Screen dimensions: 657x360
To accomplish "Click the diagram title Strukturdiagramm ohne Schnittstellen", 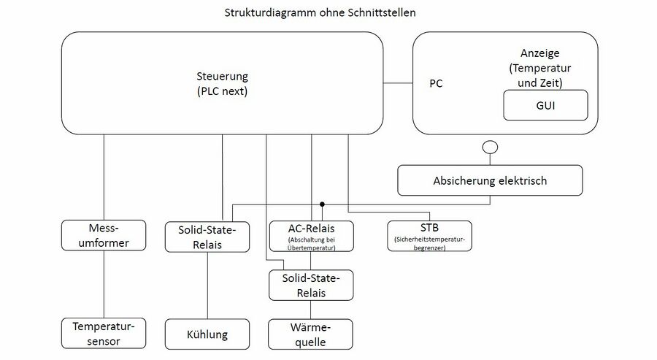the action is (320, 12).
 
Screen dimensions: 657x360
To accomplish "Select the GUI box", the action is (545, 105).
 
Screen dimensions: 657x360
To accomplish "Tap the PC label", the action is (436, 83).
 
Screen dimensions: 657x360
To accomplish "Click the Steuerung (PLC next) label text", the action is (222, 84).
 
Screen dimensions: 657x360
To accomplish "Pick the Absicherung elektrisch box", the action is (490, 180).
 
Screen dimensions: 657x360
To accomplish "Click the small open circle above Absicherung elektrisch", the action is (491, 147).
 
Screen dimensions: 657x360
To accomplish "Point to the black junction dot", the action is (322, 204).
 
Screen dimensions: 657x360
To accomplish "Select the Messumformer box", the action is (104, 236).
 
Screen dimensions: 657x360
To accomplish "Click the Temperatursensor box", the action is (104, 333).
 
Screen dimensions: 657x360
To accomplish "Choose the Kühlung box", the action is (207, 334).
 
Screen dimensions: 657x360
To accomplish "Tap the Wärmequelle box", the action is (310, 334).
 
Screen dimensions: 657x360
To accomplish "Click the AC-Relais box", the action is (311, 237).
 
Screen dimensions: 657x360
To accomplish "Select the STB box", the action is (429, 236).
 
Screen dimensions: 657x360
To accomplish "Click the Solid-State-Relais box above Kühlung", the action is (207, 237).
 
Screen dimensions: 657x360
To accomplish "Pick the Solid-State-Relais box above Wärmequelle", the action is (311, 286).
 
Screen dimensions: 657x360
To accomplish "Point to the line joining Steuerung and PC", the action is (398, 83).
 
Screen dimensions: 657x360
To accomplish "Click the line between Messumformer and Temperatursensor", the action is (104, 285).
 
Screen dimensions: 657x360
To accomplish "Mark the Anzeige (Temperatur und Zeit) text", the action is (540, 68).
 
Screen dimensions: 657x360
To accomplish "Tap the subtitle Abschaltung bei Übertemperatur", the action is (311, 244).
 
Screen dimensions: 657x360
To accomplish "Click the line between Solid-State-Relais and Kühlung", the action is (207, 286).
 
